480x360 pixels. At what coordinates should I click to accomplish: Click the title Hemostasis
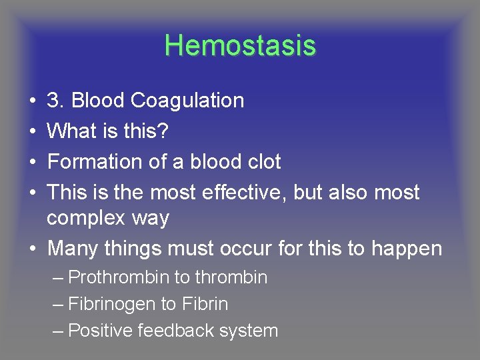click(240, 45)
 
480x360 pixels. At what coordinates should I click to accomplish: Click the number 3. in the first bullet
click(56, 101)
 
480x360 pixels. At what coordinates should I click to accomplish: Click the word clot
click(262, 162)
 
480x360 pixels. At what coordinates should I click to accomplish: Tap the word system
click(251, 331)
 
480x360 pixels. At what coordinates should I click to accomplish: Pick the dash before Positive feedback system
click(57, 331)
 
